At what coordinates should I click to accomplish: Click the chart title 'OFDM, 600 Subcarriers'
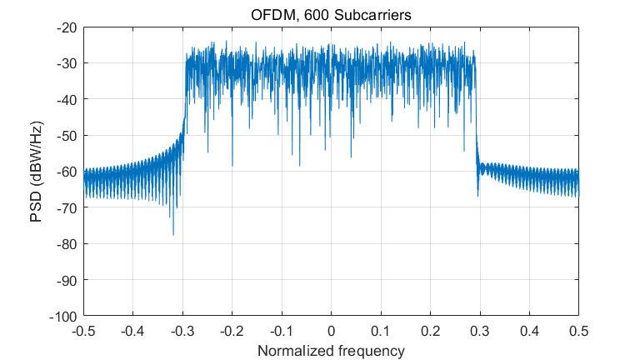[331, 15]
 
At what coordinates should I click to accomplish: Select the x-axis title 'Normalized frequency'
[331, 350]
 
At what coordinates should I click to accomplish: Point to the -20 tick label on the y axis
[67, 27]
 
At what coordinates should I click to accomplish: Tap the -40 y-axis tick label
[67, 99]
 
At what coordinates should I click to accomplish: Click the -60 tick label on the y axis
[67, 172]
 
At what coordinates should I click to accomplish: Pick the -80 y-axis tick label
[67, 244]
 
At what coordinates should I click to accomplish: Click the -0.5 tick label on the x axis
[83, 331]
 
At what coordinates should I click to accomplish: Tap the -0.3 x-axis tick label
[182, 331]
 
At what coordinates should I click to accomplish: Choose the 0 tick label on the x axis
[331, 331]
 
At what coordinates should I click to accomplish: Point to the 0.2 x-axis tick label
[430, 331]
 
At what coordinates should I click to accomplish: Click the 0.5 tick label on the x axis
[578, 331]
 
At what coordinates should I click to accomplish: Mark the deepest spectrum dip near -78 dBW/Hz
[173, 235]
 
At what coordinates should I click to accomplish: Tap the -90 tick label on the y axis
[67, 280]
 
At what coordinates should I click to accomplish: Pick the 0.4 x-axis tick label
[529, 331]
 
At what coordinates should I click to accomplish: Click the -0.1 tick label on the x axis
[282, 331]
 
